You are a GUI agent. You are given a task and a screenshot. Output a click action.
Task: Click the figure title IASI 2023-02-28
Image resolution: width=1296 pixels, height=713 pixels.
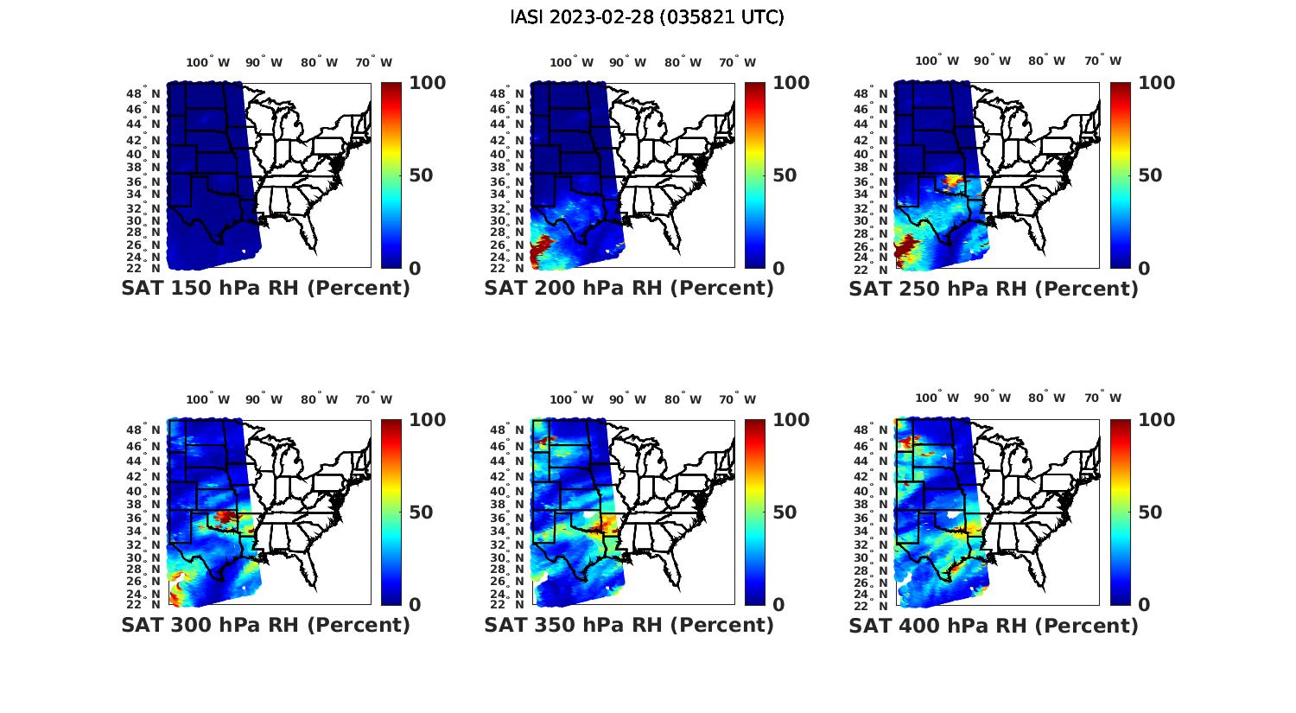point(647,17)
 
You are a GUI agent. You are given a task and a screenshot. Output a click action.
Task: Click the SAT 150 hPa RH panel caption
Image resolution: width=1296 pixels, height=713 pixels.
point(265,289)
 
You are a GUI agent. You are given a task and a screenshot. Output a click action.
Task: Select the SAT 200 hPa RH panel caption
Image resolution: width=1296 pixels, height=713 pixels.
point(629,289)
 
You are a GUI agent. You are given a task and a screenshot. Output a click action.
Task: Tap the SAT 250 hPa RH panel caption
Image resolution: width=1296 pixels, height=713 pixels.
point(994,289)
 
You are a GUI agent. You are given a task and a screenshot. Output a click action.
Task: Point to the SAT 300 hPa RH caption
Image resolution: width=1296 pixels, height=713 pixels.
point(265,625)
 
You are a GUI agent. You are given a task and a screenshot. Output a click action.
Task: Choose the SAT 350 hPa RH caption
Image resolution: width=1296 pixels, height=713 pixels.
point(629,625)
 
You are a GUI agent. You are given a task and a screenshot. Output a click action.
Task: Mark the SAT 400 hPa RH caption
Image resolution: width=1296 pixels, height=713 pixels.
point(994,625)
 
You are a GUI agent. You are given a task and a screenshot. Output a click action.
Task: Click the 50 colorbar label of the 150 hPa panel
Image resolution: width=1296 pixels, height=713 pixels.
point(421,175)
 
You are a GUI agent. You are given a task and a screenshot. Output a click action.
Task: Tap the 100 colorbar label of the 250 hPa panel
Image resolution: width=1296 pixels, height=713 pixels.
point(1157,83)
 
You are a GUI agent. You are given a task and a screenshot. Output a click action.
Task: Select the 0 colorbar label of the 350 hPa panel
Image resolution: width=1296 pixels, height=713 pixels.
point(778,605)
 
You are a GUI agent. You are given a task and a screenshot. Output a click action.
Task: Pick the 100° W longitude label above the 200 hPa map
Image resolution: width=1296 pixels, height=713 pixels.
point(571,62)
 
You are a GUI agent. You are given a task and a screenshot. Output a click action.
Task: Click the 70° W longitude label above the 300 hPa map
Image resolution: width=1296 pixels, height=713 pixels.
point(373,399)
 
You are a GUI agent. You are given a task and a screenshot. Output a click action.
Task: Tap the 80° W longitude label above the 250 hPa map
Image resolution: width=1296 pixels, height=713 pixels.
point(1046,61)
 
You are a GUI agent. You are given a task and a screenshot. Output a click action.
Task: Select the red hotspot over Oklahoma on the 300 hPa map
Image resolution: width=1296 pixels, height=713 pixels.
point(226,516)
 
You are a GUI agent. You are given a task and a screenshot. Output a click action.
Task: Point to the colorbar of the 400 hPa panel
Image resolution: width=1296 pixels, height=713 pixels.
point(1121,512)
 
